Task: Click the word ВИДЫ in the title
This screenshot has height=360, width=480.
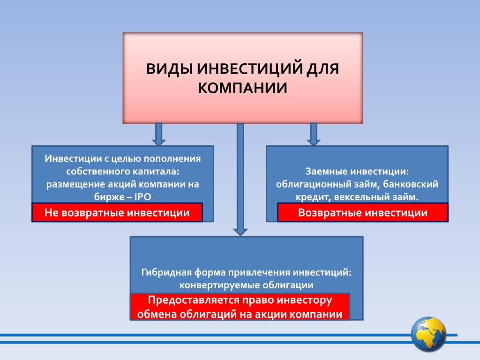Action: tap(169, 68)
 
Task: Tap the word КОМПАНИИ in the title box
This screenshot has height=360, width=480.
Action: tap(242, 88)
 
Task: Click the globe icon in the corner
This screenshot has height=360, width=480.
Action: tap(428, 334)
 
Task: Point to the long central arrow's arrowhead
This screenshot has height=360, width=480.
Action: tap(240, 232)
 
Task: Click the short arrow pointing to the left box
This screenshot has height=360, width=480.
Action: tap(158, 135)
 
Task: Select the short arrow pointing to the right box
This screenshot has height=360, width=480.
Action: tap(314, 135)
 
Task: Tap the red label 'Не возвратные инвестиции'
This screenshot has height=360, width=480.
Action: tap(117, 212)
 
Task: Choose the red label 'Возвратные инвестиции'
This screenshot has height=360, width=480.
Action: tap(363, 212)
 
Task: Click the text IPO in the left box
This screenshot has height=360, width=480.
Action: tap(142, 197)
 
